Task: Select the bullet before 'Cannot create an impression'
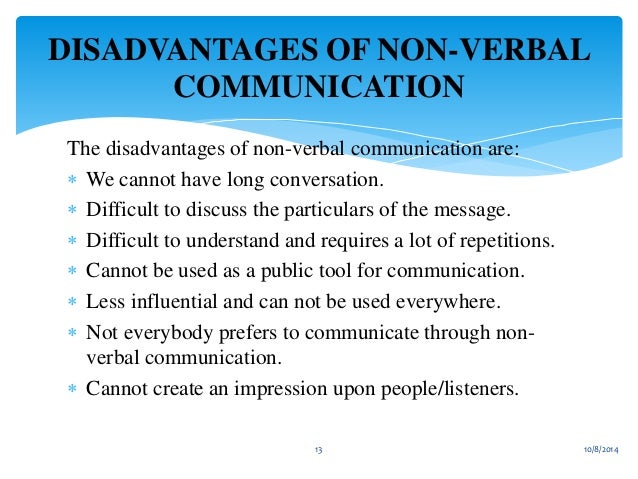click(x=72, y=389)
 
